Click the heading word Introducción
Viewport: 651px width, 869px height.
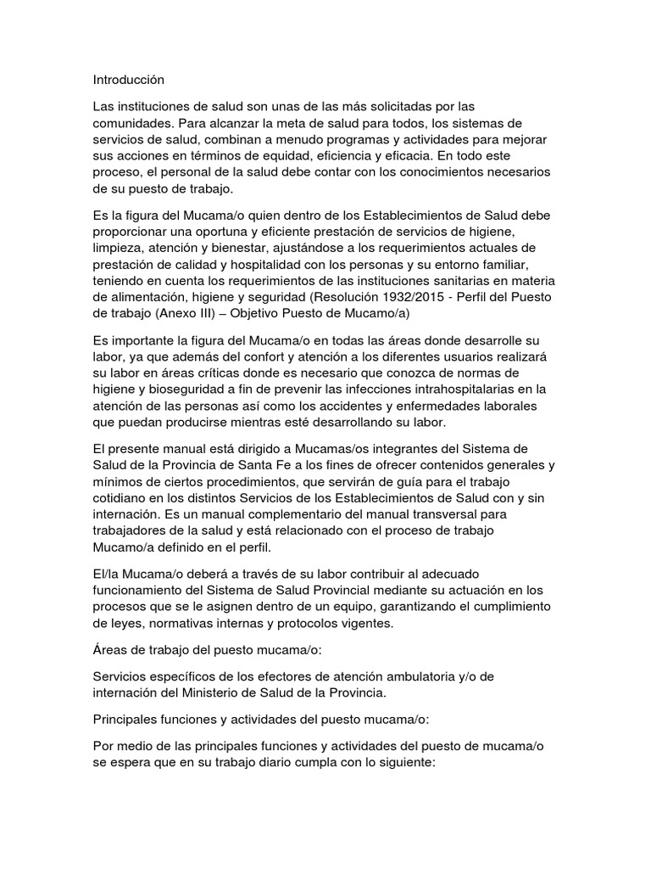128,80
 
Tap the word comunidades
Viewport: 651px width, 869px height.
132,122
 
